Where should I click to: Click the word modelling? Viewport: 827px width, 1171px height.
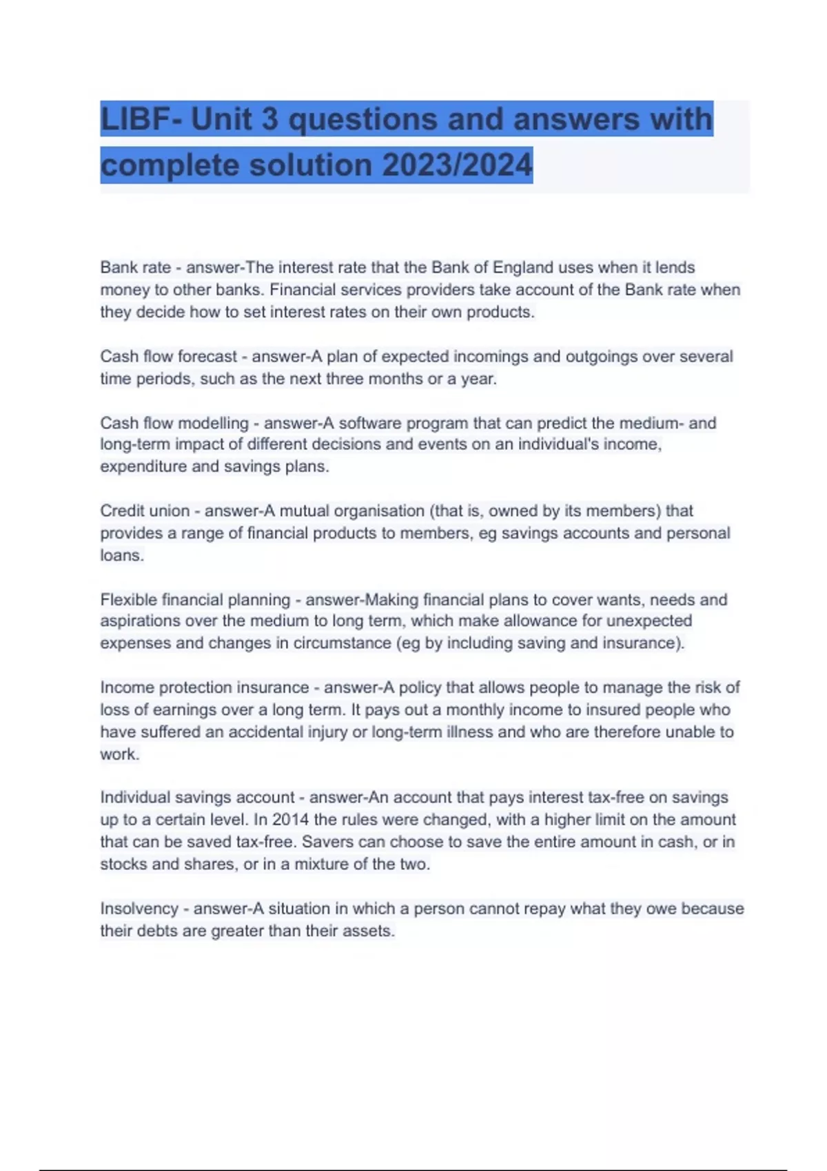212,423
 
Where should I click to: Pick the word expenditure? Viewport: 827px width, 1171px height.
143,466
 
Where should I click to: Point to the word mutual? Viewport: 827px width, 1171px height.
304,510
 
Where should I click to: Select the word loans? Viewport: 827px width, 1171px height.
121,555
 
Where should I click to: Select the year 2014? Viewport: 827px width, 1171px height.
290,820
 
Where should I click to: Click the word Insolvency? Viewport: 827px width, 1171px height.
139,909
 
